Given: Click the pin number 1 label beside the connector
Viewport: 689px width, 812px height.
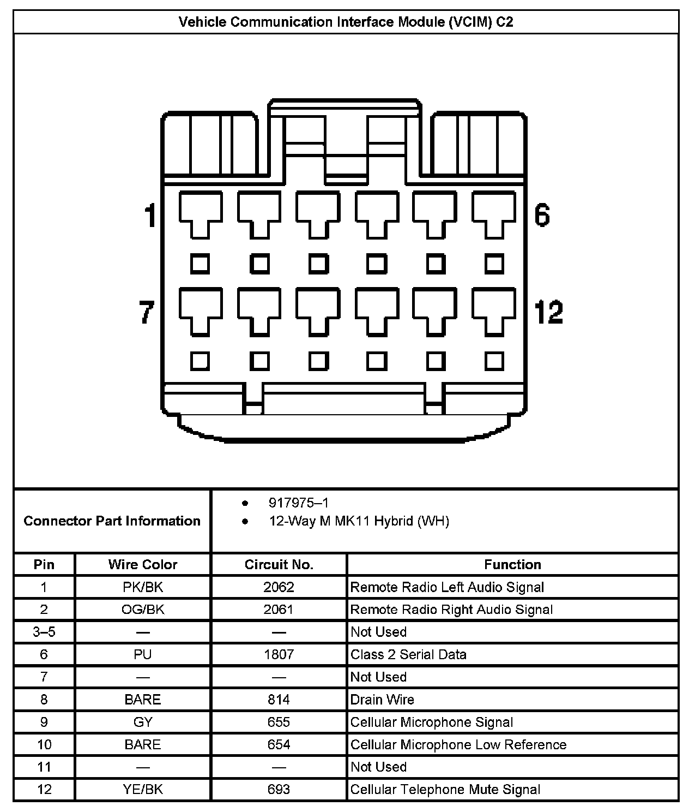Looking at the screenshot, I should point(150,215).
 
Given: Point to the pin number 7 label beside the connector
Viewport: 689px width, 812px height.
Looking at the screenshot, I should point(147,312).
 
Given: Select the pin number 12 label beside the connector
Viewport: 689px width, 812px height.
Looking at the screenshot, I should point(548,312).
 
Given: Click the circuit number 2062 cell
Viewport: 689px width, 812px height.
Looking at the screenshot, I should point(279,587).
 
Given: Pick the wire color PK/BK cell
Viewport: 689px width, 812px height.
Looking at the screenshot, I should point(143,587).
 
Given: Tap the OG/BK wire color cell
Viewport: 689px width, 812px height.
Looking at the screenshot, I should point(143,610).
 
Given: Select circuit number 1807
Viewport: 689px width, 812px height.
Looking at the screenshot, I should point(279,654).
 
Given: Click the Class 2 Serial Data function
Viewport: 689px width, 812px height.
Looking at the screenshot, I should point(408,654).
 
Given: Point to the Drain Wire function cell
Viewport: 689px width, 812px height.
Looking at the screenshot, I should point(382,700).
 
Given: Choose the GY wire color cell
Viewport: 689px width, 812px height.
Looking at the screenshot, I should point(143,722).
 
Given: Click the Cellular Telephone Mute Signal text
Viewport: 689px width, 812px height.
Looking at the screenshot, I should point(445,790).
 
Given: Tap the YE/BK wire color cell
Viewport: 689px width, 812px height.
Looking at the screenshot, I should point(143,790).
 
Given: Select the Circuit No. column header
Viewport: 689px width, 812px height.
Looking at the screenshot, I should point(279,565).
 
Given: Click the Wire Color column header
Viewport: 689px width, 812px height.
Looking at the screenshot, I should point(143,565).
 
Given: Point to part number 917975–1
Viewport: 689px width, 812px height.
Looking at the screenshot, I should point(299,503).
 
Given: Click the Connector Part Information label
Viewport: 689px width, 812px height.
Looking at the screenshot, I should point(112,521).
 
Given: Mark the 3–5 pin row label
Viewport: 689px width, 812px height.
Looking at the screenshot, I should point(44,632).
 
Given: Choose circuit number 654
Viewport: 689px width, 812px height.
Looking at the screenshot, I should point(279,745).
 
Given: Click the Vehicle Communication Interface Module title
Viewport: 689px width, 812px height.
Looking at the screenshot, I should point(346,22).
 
